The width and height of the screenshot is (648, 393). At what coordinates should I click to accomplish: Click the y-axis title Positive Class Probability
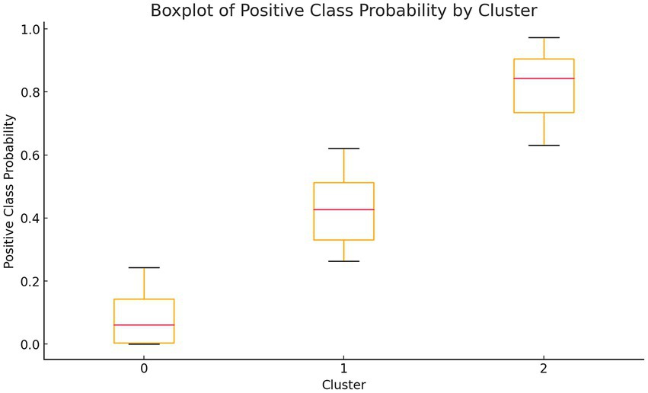click(9, 190)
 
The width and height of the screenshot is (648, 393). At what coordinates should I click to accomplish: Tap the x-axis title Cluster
click(343, 384)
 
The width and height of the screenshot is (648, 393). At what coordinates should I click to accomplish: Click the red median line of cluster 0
click(144, 325)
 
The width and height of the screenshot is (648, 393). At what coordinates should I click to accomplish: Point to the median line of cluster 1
click(343, 209)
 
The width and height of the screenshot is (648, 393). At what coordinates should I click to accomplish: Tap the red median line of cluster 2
click(544, 78)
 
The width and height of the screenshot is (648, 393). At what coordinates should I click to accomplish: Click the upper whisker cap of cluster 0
click(144, 268)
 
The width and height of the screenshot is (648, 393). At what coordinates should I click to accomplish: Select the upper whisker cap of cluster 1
click(343, 149)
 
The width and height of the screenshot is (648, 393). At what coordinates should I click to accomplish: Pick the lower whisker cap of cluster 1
click(343, 261)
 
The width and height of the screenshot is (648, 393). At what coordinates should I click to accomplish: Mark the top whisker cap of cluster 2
click(544, 37)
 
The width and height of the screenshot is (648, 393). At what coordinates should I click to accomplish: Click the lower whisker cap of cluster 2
click(544, 145)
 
